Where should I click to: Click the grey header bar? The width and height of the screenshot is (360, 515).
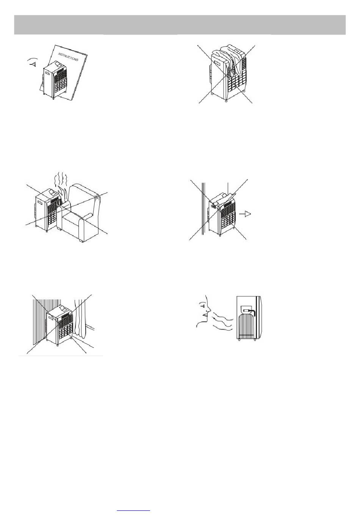(x=180, y=25)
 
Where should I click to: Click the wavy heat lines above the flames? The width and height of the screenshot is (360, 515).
(x=61, y=178)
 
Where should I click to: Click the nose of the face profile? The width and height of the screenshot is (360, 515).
(x=208, y=310)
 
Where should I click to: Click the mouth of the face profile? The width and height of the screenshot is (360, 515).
(x=205, y=315)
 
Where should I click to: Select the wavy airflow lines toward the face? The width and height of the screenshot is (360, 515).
(x=222, y=322)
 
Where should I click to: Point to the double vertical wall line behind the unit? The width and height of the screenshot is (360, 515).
(x=202, y=208)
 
